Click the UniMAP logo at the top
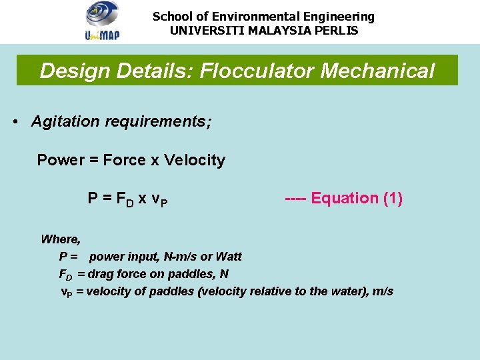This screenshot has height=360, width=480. click(x=102, y=21)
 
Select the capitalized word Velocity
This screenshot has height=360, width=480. click(x=195, y=160)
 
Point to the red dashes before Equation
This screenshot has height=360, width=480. click(x=296, y=199)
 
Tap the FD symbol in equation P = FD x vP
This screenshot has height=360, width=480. click(x=125, y=199)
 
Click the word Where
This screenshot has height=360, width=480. click(x=61, y=239)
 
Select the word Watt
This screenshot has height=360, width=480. click(x=228, y=257)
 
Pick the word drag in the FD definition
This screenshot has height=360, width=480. click(x=101, y=274)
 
